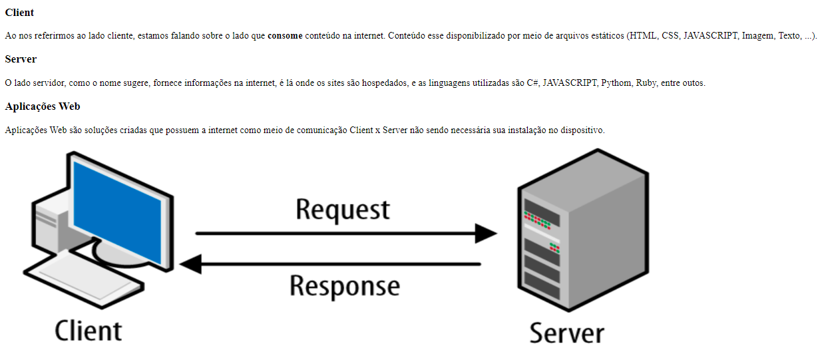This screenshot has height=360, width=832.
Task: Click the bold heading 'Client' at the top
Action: [x=19, y=13]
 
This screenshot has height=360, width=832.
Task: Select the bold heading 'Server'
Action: [x=21, y=59]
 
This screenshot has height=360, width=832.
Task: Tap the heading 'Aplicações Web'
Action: [x=43, y=106]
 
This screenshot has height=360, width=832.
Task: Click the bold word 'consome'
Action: [x=285, y=36]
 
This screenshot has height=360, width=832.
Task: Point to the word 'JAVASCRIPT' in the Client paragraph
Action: [x=710, y=36]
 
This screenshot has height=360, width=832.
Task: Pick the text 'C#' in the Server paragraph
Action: [x=532, y=83]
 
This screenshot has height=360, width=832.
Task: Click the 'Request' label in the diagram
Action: [x=343, y=210]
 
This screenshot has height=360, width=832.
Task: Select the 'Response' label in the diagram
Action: [x=345, y=287]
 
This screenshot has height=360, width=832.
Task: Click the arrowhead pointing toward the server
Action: [x=486, y=234]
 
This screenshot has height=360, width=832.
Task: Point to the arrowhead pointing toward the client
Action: [x=191, y=264]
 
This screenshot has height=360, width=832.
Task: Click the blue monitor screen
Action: [x=117, y=212]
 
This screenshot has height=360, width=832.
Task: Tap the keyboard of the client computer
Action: [x=84, y=279]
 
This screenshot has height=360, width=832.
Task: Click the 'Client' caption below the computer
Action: [x=89, y=331]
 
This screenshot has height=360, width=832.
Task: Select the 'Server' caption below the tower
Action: [x=567, y=333]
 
